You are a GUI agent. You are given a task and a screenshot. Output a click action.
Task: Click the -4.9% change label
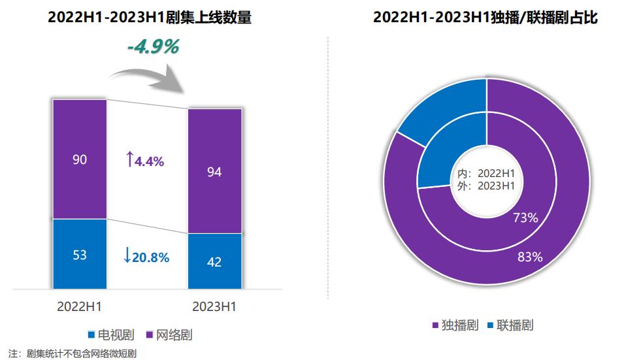(x=152, y=48)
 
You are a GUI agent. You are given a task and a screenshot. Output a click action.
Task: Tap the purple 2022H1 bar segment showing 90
(x=80, y=159)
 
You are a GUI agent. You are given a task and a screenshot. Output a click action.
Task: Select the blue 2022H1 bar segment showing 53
(x=80, y=254)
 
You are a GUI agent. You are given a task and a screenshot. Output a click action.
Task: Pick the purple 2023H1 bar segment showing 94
(x=214, y=171)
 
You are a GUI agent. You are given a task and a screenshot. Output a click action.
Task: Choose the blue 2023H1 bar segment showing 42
(x=214, y=261)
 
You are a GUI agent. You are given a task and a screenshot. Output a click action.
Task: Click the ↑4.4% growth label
(x=144, y=159)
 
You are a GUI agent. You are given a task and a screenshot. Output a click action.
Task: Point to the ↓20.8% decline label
(x=146, y=256)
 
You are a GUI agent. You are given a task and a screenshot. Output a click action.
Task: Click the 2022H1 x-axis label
(x=80, y=306)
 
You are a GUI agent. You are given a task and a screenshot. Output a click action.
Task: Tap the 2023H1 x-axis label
(x=214, y=306)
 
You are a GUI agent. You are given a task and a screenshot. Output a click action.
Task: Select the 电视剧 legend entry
(x=111, y=336)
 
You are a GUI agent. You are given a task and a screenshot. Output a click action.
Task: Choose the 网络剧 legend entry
(x=169, y=336)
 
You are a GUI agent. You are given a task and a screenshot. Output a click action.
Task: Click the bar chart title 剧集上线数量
(x=150, y=18)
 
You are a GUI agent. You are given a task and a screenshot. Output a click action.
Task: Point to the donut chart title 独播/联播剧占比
(x=486, y=18)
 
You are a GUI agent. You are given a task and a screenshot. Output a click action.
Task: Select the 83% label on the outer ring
(x=530, y=257)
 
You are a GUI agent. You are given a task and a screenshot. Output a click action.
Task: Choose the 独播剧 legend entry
(x=454, y=325)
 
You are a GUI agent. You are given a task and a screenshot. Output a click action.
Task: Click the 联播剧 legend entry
(x=510, y=325)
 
